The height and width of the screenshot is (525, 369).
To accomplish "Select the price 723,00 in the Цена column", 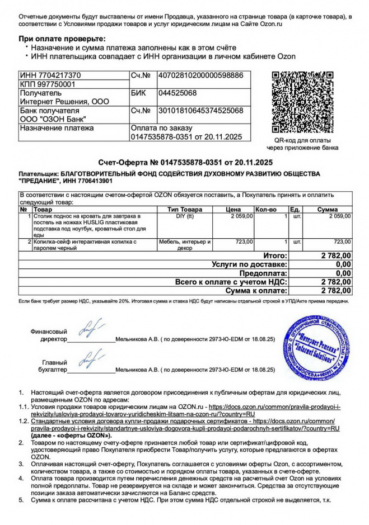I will pos(244,242).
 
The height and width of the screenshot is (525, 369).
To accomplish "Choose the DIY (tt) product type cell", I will pos(185,216).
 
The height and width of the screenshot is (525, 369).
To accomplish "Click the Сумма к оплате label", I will pos(256,291).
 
